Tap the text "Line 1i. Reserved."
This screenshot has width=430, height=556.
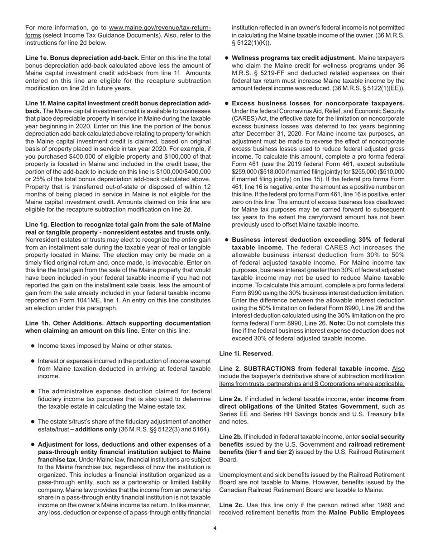(246, 353)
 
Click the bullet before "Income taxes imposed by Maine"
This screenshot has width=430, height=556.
(33, 346)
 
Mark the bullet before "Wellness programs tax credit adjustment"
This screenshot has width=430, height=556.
(227, 58)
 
